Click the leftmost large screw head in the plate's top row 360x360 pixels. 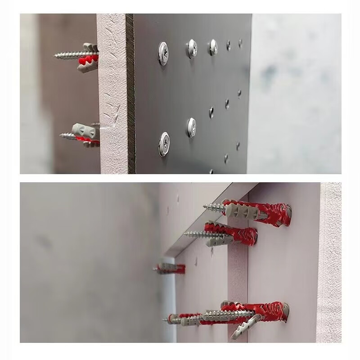[163, 54]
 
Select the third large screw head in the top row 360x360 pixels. [212, 47]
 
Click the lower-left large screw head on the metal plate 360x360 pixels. [164, 144]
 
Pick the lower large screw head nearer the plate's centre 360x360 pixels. [191, 127]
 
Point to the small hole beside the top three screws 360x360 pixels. [228, 45]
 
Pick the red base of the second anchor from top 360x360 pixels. [252, 235]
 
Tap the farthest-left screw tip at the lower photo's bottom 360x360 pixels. [165, 320]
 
